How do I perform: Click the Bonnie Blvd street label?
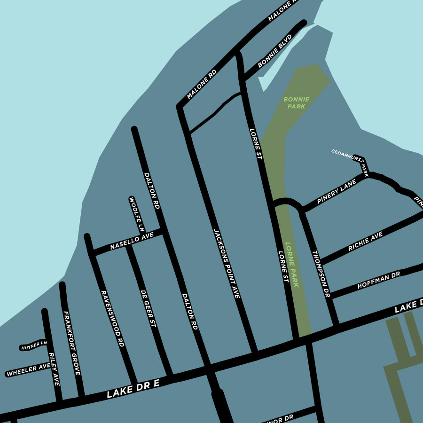[275, 50]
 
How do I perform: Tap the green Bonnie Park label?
[297, 103]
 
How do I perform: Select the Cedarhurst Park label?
[350, 159]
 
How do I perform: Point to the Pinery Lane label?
[337, 193]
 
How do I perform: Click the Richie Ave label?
[365, 241]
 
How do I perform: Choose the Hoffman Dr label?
[378, 279]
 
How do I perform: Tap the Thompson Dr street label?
[321, 274]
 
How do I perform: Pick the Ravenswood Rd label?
[113, 318]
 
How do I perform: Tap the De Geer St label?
[148, 307]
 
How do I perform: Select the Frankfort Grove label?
[72, 343]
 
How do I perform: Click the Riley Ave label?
[54, 368]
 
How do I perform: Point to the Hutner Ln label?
[34, 346]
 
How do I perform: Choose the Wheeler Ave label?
[29, 370]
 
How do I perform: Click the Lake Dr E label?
[133, 389]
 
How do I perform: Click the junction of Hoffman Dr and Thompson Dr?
[331, 295]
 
